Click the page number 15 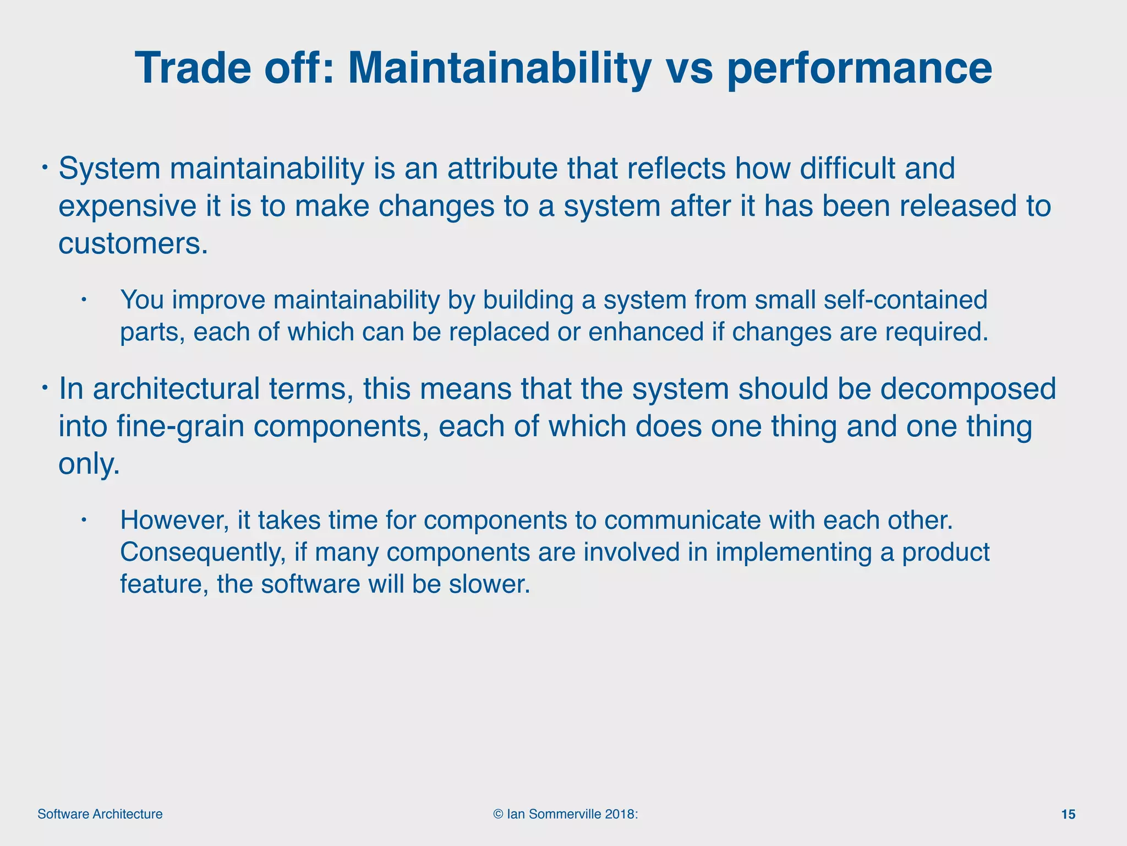[x=1068, y=814]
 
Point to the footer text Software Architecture [x=100, y=814]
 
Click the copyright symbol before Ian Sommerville [x=498, y=814]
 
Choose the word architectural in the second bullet [x=176, y=389]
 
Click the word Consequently [x=203, y=552]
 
